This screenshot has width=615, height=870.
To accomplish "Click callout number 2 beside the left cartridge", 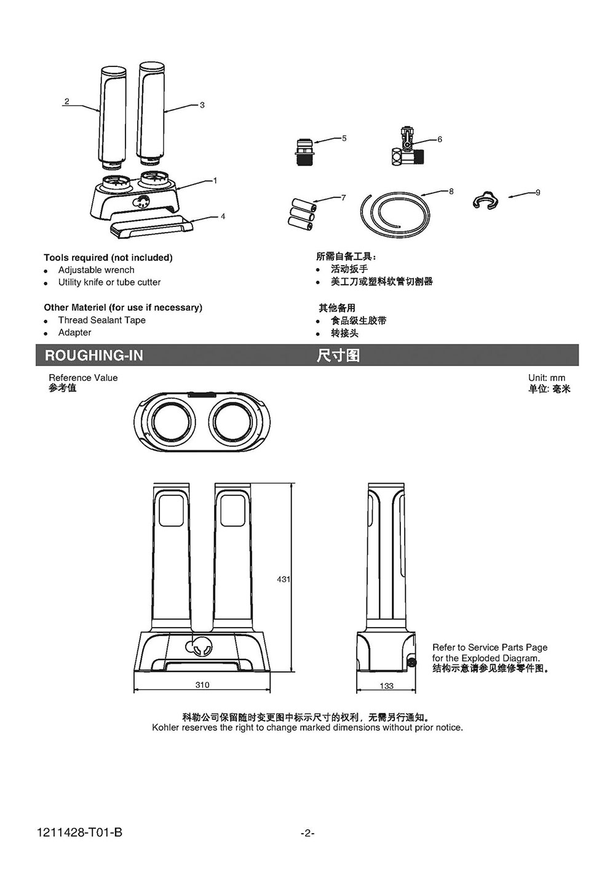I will [66, 102].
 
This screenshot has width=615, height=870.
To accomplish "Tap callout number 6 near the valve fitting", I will [440, 139].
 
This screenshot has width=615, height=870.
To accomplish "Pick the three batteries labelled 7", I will [302, 213].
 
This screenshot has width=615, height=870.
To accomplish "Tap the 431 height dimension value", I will [283, 580].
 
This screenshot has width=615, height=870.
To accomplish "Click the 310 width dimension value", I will [202, 685].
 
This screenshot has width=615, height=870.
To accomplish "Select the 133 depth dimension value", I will [386, 685].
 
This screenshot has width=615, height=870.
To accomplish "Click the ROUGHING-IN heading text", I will [93, 356].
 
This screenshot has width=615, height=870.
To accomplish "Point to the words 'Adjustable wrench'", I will [96, 270].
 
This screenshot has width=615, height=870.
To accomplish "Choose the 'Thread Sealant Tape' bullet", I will [101, 320].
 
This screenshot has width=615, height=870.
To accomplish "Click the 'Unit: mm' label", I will [546, 378].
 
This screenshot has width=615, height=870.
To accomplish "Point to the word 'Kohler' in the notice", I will [165, 727].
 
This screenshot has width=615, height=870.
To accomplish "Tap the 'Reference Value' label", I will [83, 378].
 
